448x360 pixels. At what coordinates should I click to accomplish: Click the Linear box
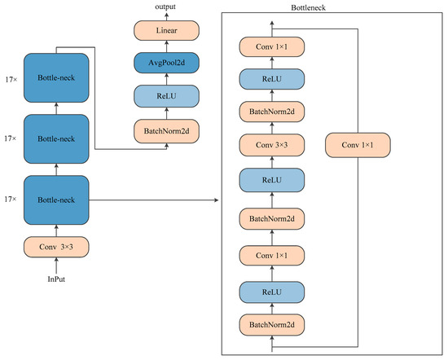click(167, 30)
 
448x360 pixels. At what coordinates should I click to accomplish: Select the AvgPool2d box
click(167, 62)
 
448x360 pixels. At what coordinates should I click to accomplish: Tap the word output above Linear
click(167, 7)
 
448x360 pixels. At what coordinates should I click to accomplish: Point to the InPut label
click(56, 280)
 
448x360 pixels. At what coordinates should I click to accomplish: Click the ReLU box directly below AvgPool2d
click(167, 95)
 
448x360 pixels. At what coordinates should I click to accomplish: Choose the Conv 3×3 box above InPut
click(56, 244)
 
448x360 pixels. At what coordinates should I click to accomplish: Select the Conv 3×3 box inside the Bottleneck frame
click(271, 146)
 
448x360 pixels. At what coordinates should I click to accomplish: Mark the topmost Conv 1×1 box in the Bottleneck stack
click(271, 46)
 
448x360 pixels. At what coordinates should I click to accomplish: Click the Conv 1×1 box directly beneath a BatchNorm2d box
click(271, 256)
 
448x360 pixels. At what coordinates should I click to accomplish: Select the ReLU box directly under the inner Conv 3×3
click(271, 180)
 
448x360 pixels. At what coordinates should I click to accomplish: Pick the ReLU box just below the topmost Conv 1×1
click(271, 78)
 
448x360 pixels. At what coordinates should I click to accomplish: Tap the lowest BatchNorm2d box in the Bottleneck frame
click(271, 326)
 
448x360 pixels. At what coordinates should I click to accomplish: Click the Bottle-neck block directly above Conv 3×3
click(56, 198)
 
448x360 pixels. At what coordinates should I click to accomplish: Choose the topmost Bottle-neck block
click(56, 77)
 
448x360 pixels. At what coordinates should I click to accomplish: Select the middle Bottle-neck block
click(56, 139)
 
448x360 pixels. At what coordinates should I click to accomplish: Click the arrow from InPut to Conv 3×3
click(56, 266)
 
